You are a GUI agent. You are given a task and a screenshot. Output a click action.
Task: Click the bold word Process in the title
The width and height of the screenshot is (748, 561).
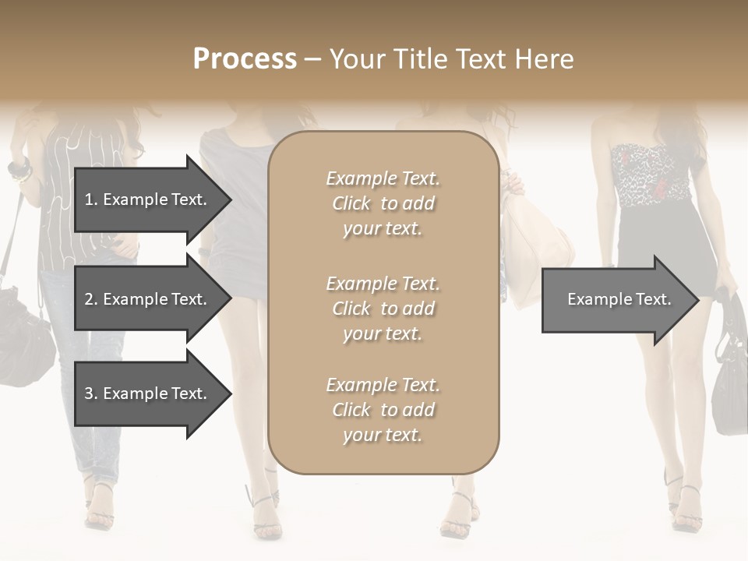pos(245,59)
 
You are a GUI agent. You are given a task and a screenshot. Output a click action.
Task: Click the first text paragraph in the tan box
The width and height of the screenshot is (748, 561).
pos(383,203)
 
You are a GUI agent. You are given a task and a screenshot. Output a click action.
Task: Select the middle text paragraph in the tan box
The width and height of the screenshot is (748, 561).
pos(383,309)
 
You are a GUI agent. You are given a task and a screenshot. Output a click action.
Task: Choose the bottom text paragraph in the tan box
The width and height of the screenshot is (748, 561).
pos(383,410)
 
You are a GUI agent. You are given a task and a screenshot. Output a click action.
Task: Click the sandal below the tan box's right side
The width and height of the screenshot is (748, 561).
pos(460,514)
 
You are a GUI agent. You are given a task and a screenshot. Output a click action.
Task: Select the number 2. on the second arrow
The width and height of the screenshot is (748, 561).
pos(90,299)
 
